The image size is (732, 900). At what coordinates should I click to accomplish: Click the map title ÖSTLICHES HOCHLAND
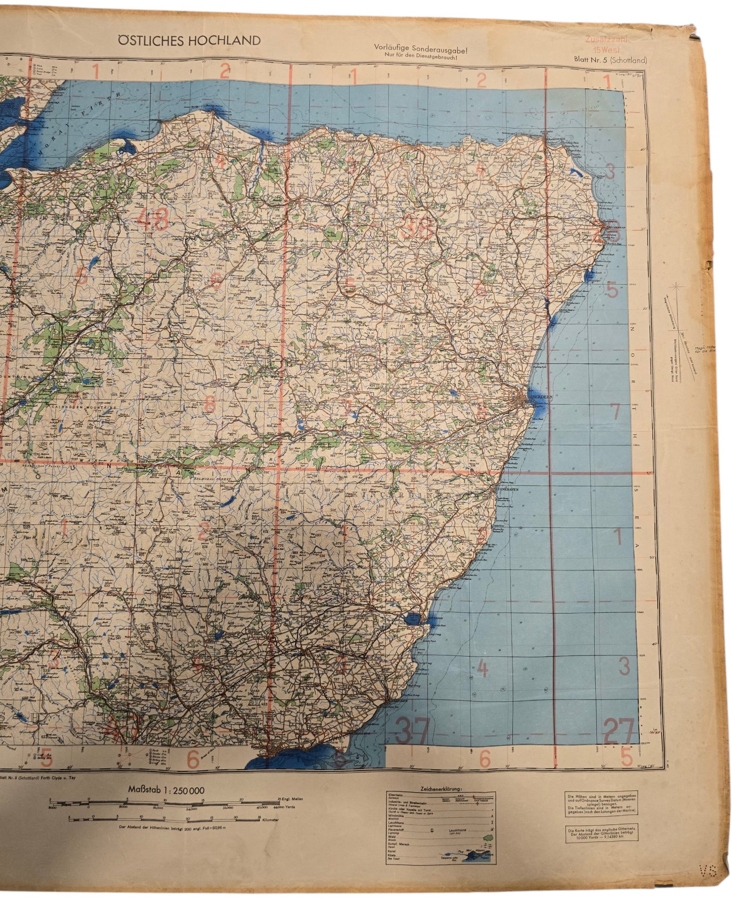click(189, 41)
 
